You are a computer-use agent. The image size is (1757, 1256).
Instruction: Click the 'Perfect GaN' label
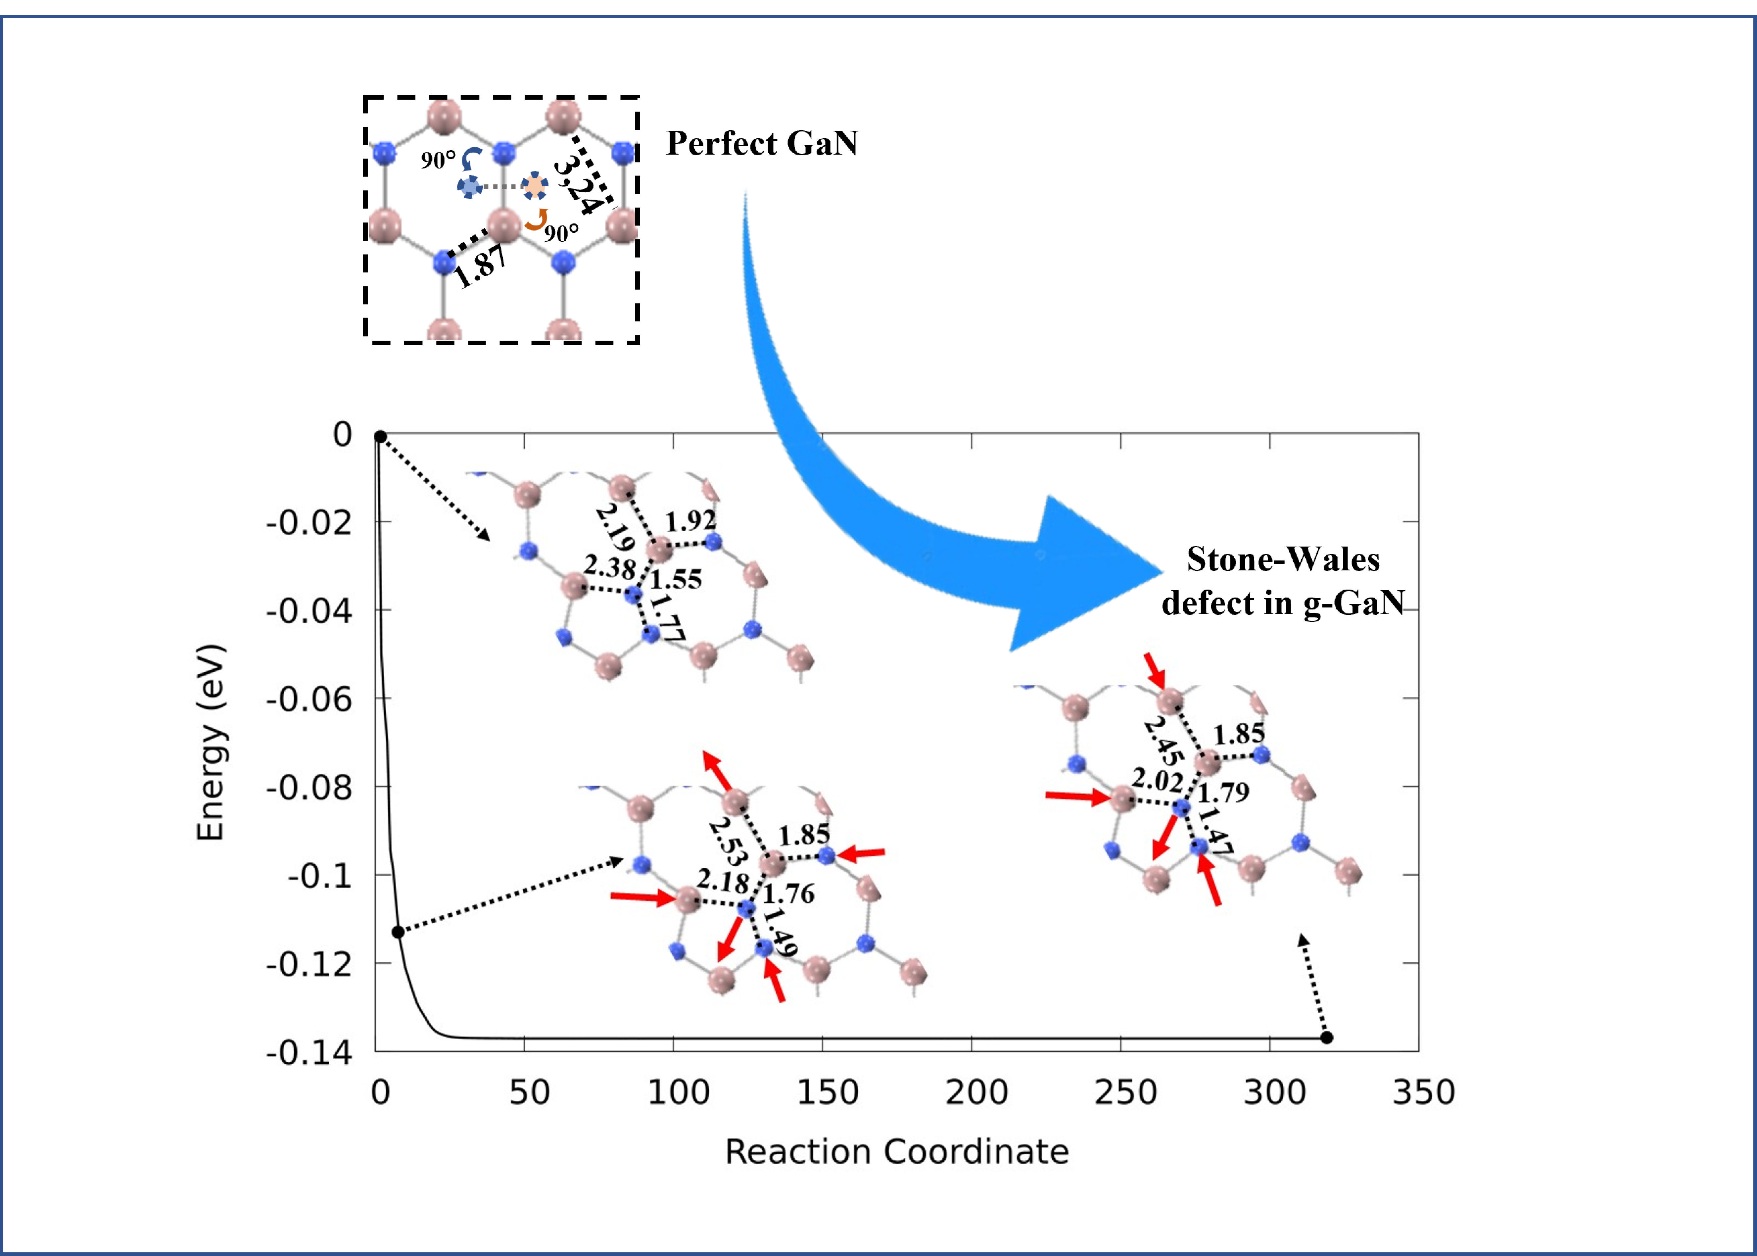[762, 143]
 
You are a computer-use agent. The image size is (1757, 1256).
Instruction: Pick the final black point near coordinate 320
[1326, 1037]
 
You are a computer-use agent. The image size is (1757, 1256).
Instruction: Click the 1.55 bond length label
[676, 579]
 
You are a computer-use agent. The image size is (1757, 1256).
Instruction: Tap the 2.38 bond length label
[609, 567]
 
